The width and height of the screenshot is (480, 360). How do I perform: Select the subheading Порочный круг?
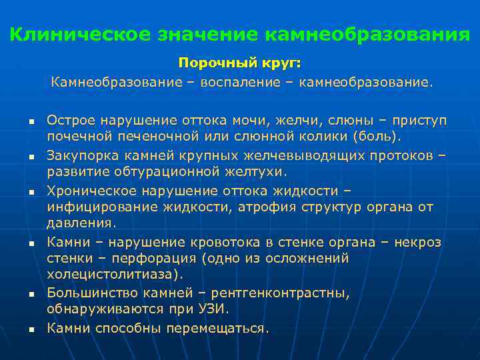point(240,63)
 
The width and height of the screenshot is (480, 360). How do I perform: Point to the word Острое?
point(71,120)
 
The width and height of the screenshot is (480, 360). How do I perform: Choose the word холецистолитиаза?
point(113,275)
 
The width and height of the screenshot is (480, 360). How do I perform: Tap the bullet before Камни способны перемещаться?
point(31,329)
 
